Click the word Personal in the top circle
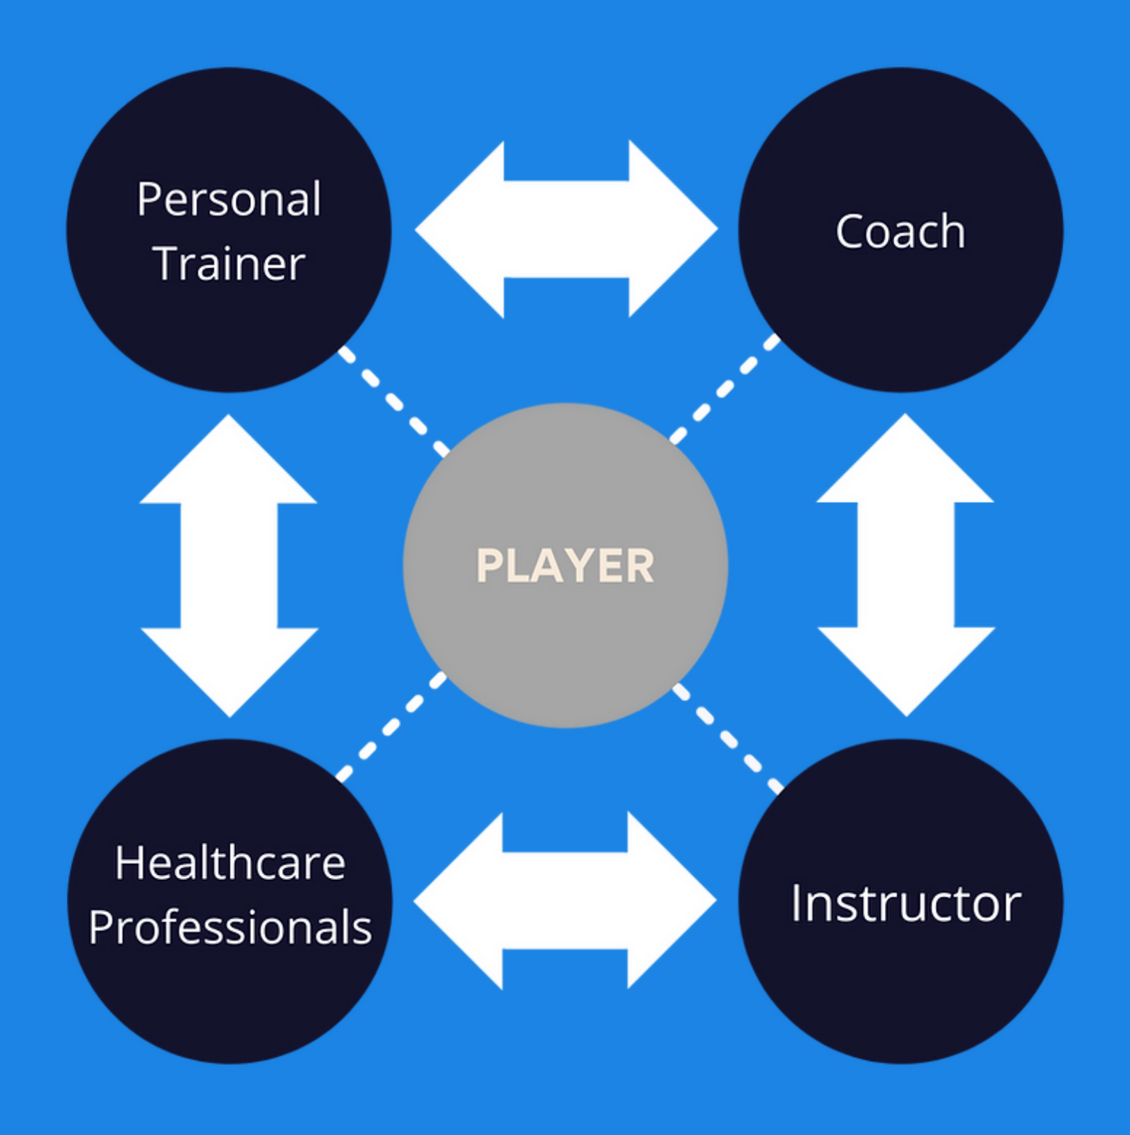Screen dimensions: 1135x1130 (x=229, y=199)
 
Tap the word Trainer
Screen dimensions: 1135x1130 (x=229, y=263)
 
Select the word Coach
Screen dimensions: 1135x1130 (x=900, y=232)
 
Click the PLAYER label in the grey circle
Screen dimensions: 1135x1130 (x=565, y=566)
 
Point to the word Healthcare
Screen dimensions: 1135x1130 (x=229, y=863)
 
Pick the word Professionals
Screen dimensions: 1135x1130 (x=229, y=927)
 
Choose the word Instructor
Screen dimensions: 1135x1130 (x=905, y=903)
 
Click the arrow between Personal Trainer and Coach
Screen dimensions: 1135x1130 (x=565, y=229)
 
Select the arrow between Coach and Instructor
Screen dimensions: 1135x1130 (x=905, y=564)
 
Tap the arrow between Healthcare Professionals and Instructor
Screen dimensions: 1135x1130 (x=565, y=900)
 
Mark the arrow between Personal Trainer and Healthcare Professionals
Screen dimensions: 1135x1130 (x=229, y=565)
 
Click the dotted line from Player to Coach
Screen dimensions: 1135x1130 (x=724, y=389)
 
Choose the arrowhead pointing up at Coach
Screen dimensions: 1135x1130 (x=905, y=461)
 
